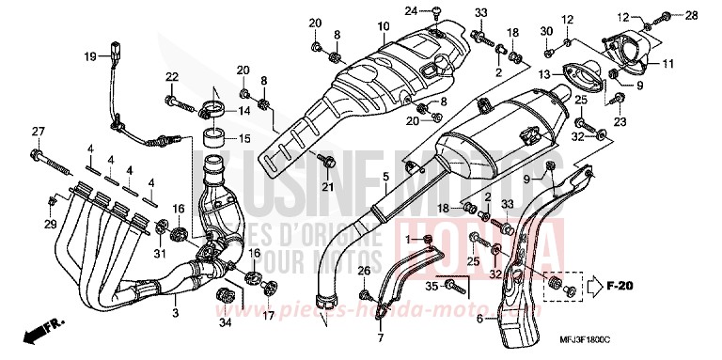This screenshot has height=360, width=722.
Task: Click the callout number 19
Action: pos(91,56)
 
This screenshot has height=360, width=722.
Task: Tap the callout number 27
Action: pos(39,131)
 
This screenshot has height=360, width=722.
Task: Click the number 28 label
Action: pos(692,15)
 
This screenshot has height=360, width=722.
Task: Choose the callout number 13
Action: pos(545,72)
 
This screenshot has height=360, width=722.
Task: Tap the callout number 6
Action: pos(479,319)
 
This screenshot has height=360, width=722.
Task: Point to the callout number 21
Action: pos(329,188)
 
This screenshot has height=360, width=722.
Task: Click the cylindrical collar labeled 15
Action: pos(212,147)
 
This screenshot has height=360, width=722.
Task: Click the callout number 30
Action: pos(546,31)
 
